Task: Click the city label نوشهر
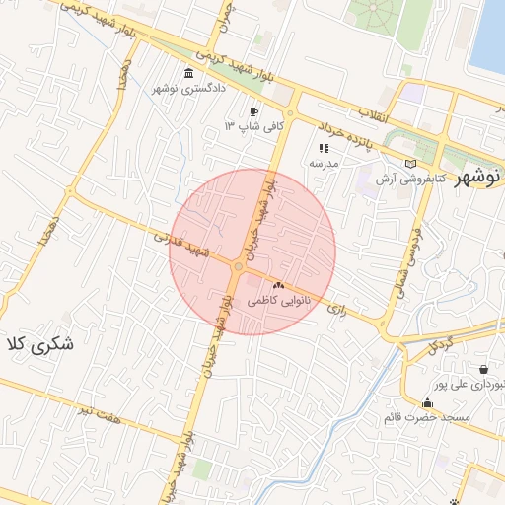click(477, 178)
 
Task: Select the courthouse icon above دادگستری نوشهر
click(189, 73)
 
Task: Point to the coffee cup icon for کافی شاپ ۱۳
click(253, 112)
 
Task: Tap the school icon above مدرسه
click(324, 148)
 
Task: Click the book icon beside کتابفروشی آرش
click(410, 164)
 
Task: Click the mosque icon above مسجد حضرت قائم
click(427, 403)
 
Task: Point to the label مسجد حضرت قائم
click(427, 418)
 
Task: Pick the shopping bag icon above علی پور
click(483, 370)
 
